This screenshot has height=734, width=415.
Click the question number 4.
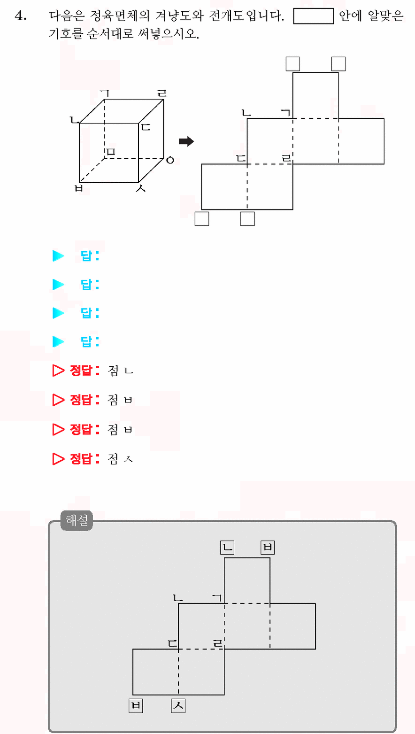[20, 15]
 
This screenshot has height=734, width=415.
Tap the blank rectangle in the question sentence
[314, 16]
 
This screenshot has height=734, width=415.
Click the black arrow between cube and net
[186, 141]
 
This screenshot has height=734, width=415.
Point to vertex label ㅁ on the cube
[111, 151]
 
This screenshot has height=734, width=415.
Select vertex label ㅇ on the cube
[170, 160]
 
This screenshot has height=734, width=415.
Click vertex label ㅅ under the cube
[140, 188]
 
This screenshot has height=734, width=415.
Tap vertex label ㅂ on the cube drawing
[78, 188]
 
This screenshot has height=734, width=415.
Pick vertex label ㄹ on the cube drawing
[162, 93]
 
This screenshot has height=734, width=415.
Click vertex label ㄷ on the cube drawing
[146, 127]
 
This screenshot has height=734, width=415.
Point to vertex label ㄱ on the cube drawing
[105, 94]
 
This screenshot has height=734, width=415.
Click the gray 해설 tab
[77, 520]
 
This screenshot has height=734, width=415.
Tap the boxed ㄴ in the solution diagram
[227, 547]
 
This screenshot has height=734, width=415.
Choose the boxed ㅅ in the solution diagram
[178, 705]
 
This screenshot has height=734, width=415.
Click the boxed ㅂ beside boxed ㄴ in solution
[268, 547]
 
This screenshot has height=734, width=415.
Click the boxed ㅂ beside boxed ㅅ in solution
[136, 705]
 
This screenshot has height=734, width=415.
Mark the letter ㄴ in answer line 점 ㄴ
[129, 371]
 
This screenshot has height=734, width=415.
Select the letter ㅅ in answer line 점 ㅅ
[128, 459]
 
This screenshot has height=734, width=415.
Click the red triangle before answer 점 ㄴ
[58, 371]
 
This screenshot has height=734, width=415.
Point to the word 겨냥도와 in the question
[179, 15]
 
